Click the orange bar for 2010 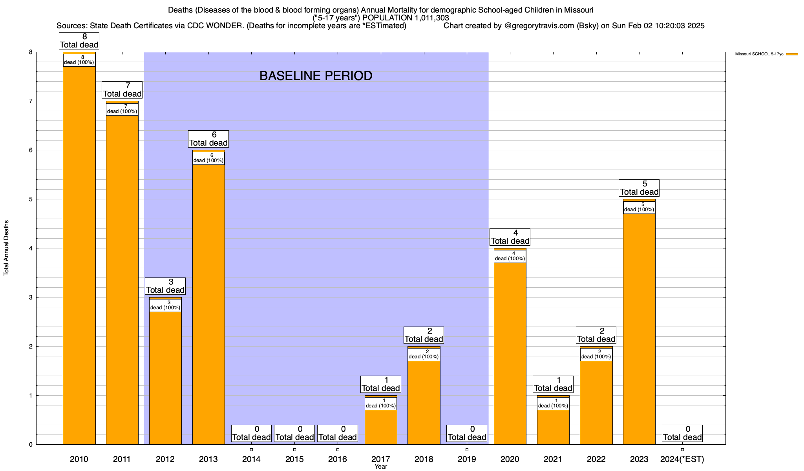point(79,255)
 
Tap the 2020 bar point(510,353)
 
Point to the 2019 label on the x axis point(467,459)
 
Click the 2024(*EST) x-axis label point(682,459)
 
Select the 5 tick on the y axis point(30,199)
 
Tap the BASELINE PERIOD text point(316,76)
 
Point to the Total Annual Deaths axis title point(6,248)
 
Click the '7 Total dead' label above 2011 point(122,90)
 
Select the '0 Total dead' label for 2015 point(294,433)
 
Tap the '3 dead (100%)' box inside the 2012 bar point(165,305)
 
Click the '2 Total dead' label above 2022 point(596,335)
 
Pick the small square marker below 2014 point(251,450)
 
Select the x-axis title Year point(380,467)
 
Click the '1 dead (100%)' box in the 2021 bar point(553,403)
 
